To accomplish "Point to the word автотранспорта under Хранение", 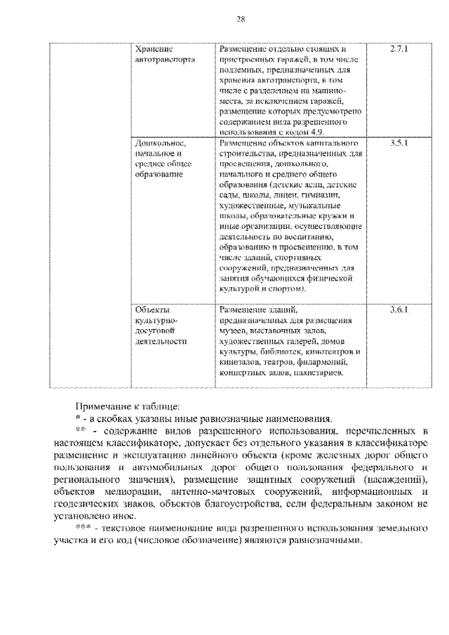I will [x=165, y=60].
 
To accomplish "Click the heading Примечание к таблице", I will [x=127, y=406].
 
